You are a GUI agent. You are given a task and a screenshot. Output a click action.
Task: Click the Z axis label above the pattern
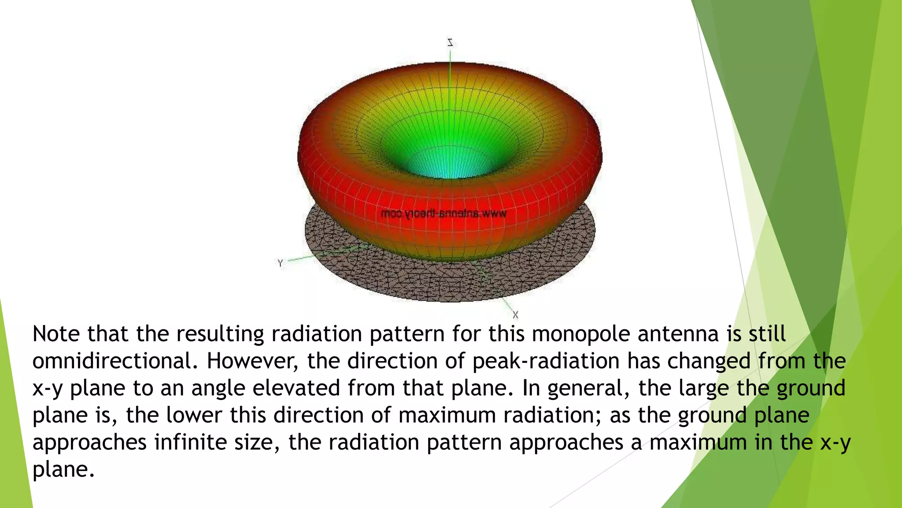pos(450,43)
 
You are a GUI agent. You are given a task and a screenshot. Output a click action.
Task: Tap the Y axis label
pos(281,263)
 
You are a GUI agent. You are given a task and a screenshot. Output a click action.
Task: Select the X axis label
pos(515,315)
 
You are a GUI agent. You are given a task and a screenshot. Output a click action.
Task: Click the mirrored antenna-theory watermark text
pos(444,214)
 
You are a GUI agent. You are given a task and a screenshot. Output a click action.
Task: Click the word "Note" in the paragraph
pos(56,333)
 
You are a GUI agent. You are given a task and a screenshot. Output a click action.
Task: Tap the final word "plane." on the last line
pos(63,470)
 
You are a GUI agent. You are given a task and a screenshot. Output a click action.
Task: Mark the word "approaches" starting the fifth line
pos(89,443)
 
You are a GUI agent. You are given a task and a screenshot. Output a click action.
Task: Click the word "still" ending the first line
pos(767,333)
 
